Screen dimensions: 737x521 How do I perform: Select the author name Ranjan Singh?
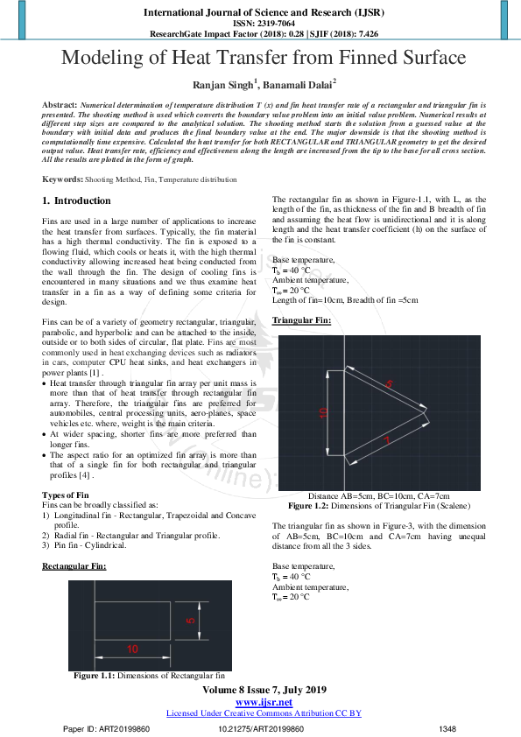point(222,85)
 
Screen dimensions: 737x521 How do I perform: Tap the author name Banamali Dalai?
point(298,85)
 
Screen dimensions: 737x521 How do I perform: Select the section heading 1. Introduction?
point(76,201)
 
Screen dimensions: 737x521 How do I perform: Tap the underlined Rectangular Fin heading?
point(74,566)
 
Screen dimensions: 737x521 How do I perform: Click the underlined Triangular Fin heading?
point(301,320)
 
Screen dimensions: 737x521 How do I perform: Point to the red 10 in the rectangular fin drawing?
point(132,649)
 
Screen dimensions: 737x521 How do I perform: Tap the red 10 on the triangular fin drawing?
point(322,411)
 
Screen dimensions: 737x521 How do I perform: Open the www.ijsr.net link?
point(264,703)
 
